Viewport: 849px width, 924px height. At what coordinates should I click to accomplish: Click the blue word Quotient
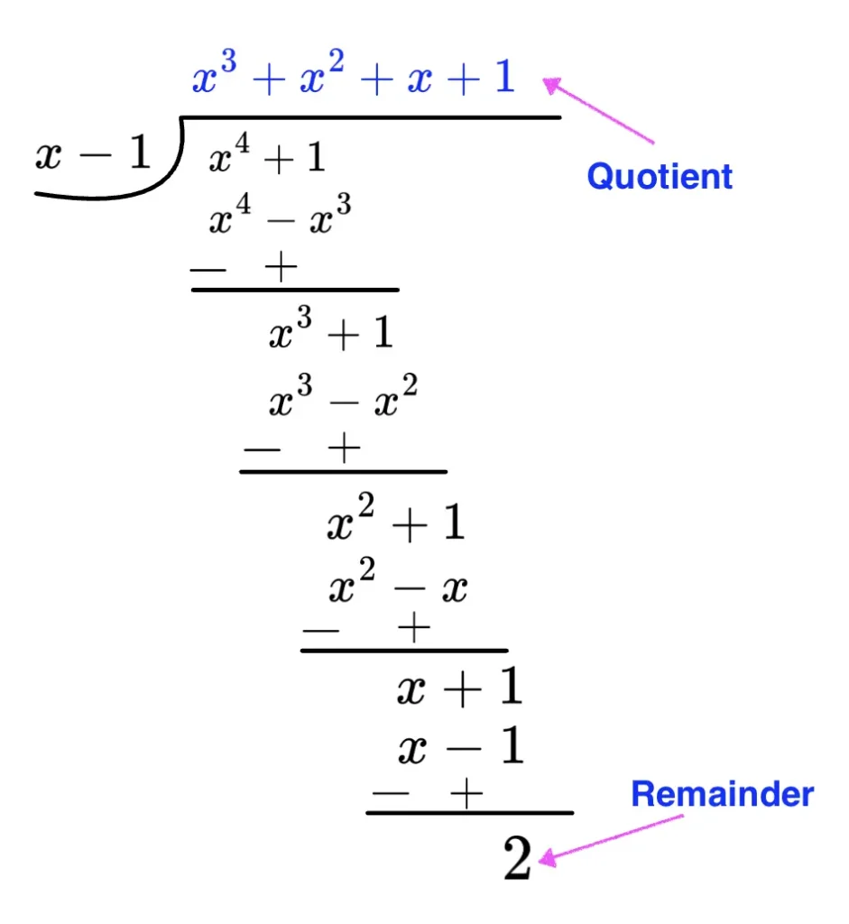click(x=660, y=176)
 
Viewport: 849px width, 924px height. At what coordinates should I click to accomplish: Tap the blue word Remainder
click(x=722, y=794)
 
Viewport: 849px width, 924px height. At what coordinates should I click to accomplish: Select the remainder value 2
click(x=517, y=862)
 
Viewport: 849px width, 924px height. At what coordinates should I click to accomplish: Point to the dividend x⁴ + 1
click(x=267, y=160)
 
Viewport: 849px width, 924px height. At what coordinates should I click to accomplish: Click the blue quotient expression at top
click(x=353, y=79)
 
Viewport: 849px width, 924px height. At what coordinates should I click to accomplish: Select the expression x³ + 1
click(x=331, y=335)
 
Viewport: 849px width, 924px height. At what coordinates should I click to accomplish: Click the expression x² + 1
click(x=395, y=523)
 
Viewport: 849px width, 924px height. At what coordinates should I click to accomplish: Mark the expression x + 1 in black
click(x=459, y=690)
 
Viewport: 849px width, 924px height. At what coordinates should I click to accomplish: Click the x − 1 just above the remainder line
click(x=460, y=748)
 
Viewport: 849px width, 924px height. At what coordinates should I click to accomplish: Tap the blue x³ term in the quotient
click(x=213, y=79)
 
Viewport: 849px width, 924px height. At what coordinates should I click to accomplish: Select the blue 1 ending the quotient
click(x=502, y=79)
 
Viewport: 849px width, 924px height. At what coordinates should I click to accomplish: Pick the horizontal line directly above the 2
click(x=469, y=813)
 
